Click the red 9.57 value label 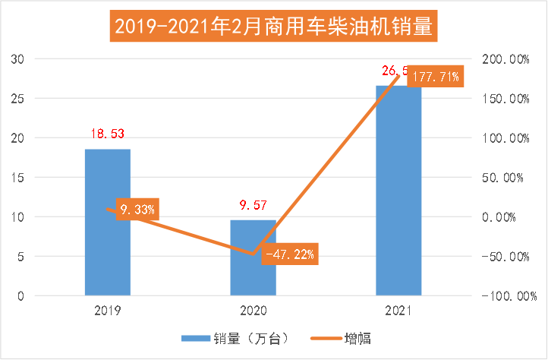253,204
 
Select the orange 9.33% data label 137,209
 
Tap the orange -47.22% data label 289,254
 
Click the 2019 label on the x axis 107,311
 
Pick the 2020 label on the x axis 253,311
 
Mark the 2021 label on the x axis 398,311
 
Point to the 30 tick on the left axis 19,59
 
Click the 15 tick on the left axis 19,178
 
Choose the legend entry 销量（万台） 235,338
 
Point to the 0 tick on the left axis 22,296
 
